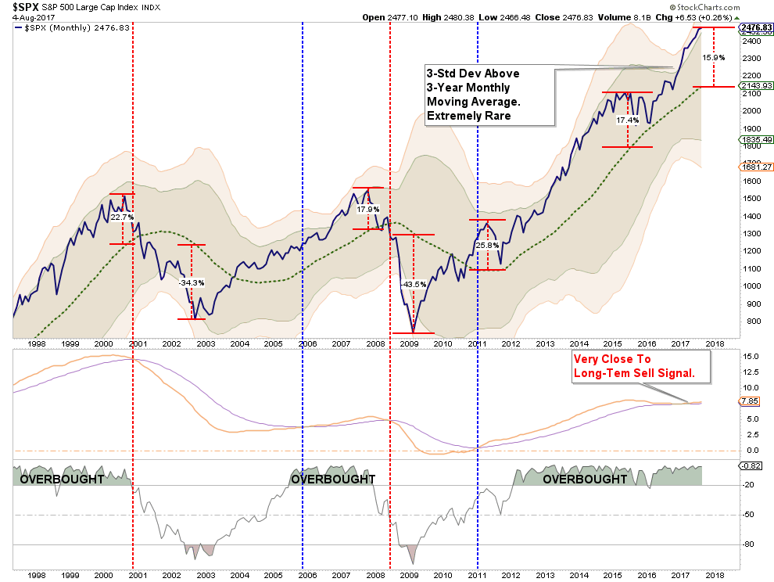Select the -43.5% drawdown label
pos(413,285)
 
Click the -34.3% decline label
pos(192,282)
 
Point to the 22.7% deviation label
pos(123,217)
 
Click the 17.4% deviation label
pos(628,120)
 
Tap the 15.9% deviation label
pos(713,57)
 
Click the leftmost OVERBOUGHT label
pos(61,479)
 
